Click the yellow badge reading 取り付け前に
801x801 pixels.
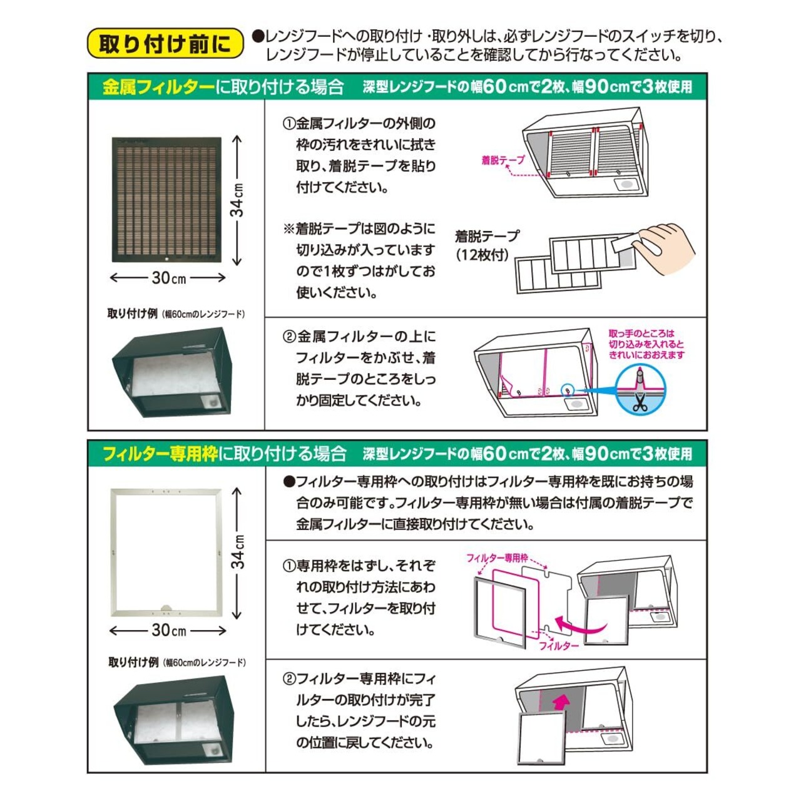tap(165, 44)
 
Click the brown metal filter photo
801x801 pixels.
tap(166, 199)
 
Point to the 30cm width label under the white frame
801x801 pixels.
tap(168, 630)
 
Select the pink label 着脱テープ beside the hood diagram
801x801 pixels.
tap(503, 160)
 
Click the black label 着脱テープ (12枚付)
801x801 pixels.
tap(486, 245)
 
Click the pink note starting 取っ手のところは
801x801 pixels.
tap(646, 344)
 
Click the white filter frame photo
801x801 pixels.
tap(166, 552)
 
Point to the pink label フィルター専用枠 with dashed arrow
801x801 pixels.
tap(497, 558)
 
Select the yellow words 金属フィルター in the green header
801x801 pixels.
tap(158, 87)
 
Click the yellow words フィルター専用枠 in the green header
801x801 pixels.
tap(160, 454)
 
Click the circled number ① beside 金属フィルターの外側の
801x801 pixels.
tap(288, 124)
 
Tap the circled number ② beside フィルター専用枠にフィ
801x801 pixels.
tap(289, 679)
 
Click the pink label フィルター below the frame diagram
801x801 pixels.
tap(559, 645)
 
